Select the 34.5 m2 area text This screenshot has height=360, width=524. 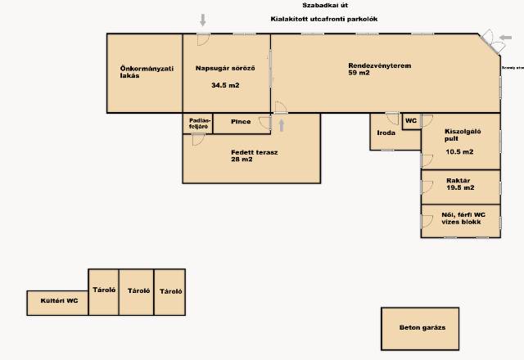225,85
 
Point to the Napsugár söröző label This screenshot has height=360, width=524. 225,68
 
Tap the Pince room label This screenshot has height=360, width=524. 241,122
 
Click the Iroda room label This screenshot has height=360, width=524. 386,133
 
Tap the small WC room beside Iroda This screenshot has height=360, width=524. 411,120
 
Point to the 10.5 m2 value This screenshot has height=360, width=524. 459,151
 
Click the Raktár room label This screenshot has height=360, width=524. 458,180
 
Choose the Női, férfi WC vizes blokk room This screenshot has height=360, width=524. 459,219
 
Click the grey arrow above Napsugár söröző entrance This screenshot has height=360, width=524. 203,20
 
